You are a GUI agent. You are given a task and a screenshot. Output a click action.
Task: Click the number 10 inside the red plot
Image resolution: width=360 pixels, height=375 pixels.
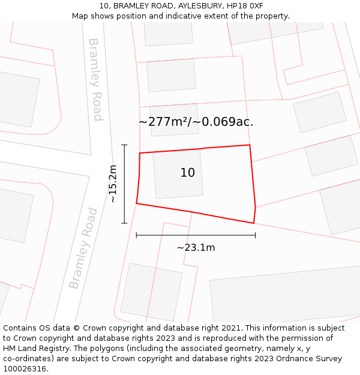[187, 173]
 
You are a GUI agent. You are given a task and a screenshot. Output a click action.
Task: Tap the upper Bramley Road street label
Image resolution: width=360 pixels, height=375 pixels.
[95, 79]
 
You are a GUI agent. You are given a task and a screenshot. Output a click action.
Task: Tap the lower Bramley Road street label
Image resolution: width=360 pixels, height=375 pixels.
[83, 248]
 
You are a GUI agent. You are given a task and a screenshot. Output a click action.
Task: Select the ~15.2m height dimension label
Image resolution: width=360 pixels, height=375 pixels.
[113, 184]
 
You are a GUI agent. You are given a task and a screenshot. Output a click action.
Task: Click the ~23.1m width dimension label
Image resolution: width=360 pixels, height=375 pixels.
[196, 247]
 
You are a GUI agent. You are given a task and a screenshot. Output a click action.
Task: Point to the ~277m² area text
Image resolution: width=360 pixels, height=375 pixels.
[164, 122]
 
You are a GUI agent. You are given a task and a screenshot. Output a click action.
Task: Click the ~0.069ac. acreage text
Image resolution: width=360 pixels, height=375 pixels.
[227, 122]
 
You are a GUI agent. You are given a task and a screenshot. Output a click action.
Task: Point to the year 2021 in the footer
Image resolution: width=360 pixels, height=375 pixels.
[231, 328]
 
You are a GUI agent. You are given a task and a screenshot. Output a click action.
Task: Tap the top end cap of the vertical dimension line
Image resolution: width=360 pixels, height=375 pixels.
[124, 145]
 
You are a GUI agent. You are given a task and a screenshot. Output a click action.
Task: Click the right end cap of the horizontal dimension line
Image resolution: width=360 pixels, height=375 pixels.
[255, 235]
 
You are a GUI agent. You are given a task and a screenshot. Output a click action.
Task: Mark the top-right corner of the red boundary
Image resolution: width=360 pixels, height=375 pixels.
[250, 145]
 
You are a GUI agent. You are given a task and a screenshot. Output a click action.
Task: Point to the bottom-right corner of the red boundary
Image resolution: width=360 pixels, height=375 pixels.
[254, 223]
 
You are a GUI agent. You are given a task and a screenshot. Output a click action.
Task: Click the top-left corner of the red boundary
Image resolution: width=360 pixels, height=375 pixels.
[140, 154]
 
